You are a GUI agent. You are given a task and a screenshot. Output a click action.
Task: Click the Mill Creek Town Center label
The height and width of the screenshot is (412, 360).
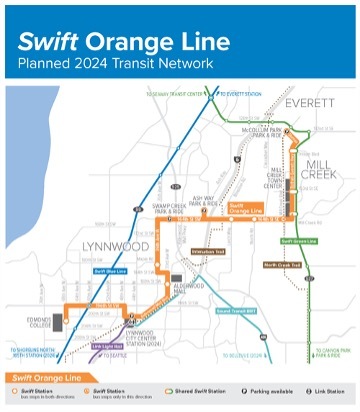[275, 182]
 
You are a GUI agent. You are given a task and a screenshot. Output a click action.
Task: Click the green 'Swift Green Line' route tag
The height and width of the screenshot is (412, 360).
[298, 241]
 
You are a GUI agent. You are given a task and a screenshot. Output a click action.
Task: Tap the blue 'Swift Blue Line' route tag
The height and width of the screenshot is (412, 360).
[111, 271]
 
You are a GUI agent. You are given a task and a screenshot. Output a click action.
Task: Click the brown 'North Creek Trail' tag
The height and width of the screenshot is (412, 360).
[283, 266]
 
